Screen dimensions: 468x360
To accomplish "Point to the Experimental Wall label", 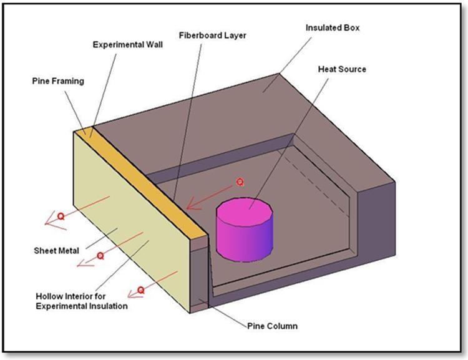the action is coord(128,45).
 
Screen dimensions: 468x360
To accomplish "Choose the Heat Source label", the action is coord(342,69).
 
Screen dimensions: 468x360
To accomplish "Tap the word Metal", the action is coord(69,250).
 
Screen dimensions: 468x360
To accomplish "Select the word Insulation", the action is coord(110,306).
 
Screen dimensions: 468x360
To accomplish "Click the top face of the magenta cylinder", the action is coord(245,212).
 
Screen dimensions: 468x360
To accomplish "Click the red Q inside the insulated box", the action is coord(240,182).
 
